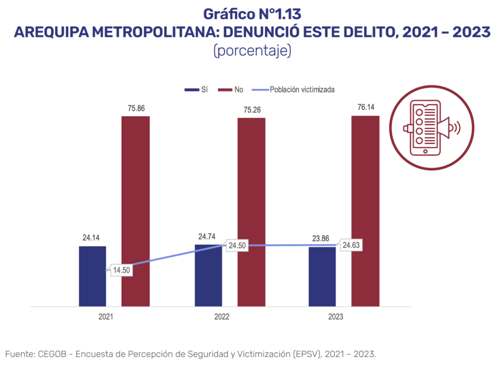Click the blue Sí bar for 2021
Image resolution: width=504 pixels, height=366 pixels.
[x=93, y=276]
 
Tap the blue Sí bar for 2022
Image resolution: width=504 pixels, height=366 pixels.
[x=208, y=275]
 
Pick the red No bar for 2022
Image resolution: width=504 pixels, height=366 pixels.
[x=252, y=212]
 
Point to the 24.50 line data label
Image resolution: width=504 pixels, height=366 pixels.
[x=236, y=246]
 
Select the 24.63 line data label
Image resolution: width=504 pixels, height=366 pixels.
[x=349, y=245]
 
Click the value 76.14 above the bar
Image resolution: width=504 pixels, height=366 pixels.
[x=365, y=107]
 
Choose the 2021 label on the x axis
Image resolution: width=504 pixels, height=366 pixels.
[x=105, y=317]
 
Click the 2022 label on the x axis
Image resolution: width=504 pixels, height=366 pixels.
[x=222, y=317]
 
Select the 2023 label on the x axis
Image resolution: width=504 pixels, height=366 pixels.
[x=336, y=317]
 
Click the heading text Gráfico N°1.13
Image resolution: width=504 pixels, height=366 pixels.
[x=252, y=14]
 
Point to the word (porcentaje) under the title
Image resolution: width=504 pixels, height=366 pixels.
[x=252, y=50]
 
